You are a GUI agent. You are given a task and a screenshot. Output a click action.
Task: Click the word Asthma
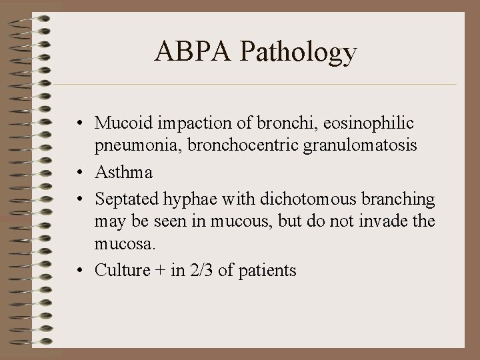tap(124, 172)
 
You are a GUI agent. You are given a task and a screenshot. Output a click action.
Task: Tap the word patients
tap(267, 271)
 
